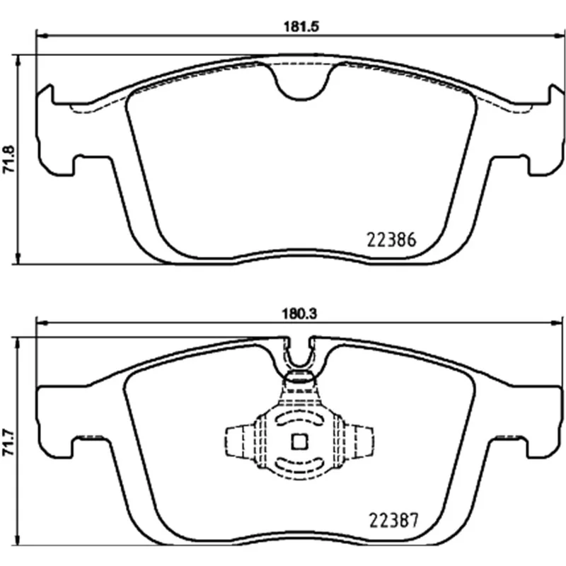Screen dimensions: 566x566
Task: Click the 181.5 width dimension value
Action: coord(301,27)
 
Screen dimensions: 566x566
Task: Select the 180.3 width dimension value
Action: coord(299,313)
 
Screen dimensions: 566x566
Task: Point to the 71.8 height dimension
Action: coord(8,158)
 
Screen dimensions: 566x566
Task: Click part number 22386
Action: coord(392,240)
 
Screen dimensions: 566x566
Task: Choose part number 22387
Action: coord(393,520)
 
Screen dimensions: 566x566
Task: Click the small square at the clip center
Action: coord(299,441)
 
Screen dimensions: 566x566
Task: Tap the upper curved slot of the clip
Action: coord(299,420)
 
